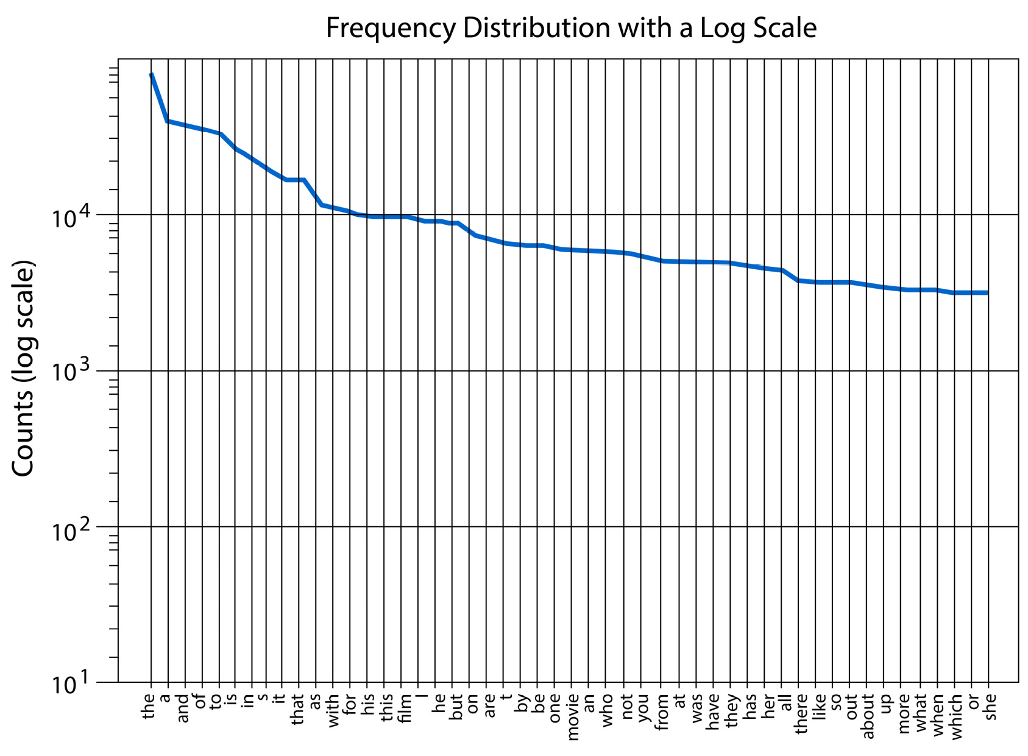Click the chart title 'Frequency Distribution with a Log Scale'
click(570, 29)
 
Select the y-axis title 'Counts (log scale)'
click(24, 369)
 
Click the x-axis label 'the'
click(149, 707)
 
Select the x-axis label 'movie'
click(572, 717)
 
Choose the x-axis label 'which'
click(956, 717)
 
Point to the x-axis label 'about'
click(869, 716)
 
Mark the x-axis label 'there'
click(801, 713)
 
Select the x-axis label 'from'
click(663, 712)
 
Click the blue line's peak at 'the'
click(152, 75)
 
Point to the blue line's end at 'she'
click(987, 293)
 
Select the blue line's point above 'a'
click(168, 121)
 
